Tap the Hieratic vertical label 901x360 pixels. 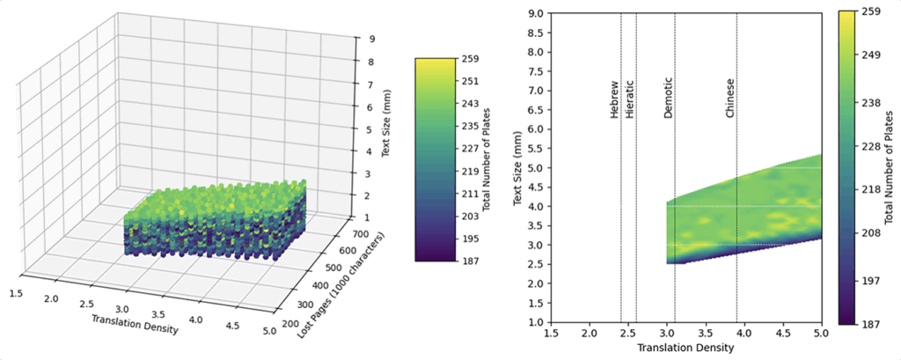click(629, 102)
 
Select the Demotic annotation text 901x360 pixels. click(669, 102)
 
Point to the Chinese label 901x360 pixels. click(729, 99)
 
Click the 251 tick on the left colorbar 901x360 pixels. click(472, 81)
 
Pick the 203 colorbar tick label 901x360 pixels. click(472, 217)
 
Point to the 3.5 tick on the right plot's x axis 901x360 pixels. click(706, 335)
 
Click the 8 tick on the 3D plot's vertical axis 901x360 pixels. click(373, 62)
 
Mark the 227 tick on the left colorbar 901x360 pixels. click(472, 149)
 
